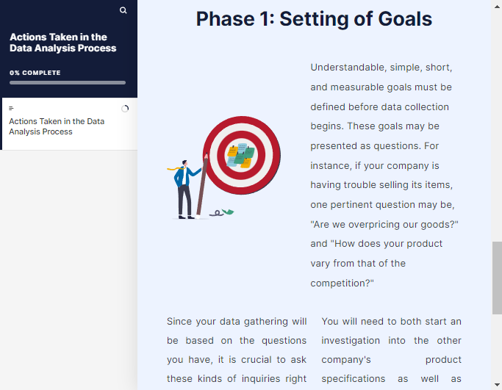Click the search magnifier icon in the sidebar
pos(123,10)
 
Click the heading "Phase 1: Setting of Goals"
pos(314,19)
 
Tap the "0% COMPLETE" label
pos(35,73)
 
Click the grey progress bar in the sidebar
pos(68,82)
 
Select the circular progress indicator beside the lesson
pos(125,109)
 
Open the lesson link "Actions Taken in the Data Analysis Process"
pos(57,126)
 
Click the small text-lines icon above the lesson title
pos(11,109)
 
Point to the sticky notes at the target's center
pos(241,156)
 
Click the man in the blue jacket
pos(183,189)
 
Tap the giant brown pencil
pos(202,185)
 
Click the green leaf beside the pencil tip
pos(228,212)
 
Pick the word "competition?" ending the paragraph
pos(342,284)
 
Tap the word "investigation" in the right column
pos(351,340)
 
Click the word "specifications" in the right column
pos(353,379)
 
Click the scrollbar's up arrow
pos(497,7)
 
